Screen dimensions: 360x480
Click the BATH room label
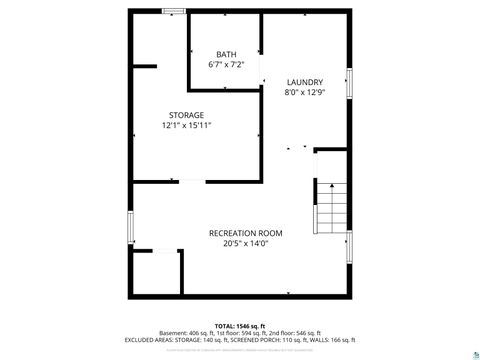tap(226, 53)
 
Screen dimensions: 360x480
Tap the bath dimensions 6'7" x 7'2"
tap(226, 64)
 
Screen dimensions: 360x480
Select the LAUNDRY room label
tap(304, 81)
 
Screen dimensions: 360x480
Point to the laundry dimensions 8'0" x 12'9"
tap(304, 92)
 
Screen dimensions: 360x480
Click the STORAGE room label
tap(186, 115)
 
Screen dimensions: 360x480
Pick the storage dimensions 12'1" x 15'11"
tap(186, 126)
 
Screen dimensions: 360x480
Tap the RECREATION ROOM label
tap(239, 233)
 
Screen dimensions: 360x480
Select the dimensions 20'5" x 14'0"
tap(239, 243)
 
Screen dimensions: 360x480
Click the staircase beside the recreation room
tap(333, 208)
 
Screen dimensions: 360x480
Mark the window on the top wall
tap(174, 11)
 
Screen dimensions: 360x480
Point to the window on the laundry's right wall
tap(349, 83)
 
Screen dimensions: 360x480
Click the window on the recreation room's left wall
tap(130, 226)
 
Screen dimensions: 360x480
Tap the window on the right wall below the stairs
tap(349, 246)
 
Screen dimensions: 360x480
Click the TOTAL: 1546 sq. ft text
tap(238, 326)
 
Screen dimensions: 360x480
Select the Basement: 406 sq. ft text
tap(186, 333)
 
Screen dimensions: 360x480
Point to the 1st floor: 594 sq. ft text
tap(239, 333)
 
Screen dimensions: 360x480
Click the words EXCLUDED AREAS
tap(147, 340)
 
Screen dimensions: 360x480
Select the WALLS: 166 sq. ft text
tap(334, 340)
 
